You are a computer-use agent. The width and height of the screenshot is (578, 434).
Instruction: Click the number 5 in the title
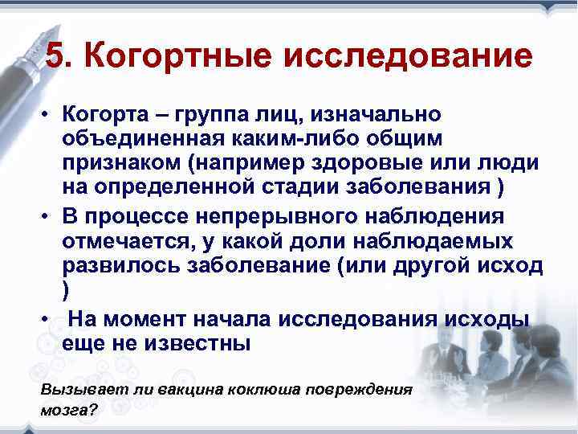click(x=56, y=57)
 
